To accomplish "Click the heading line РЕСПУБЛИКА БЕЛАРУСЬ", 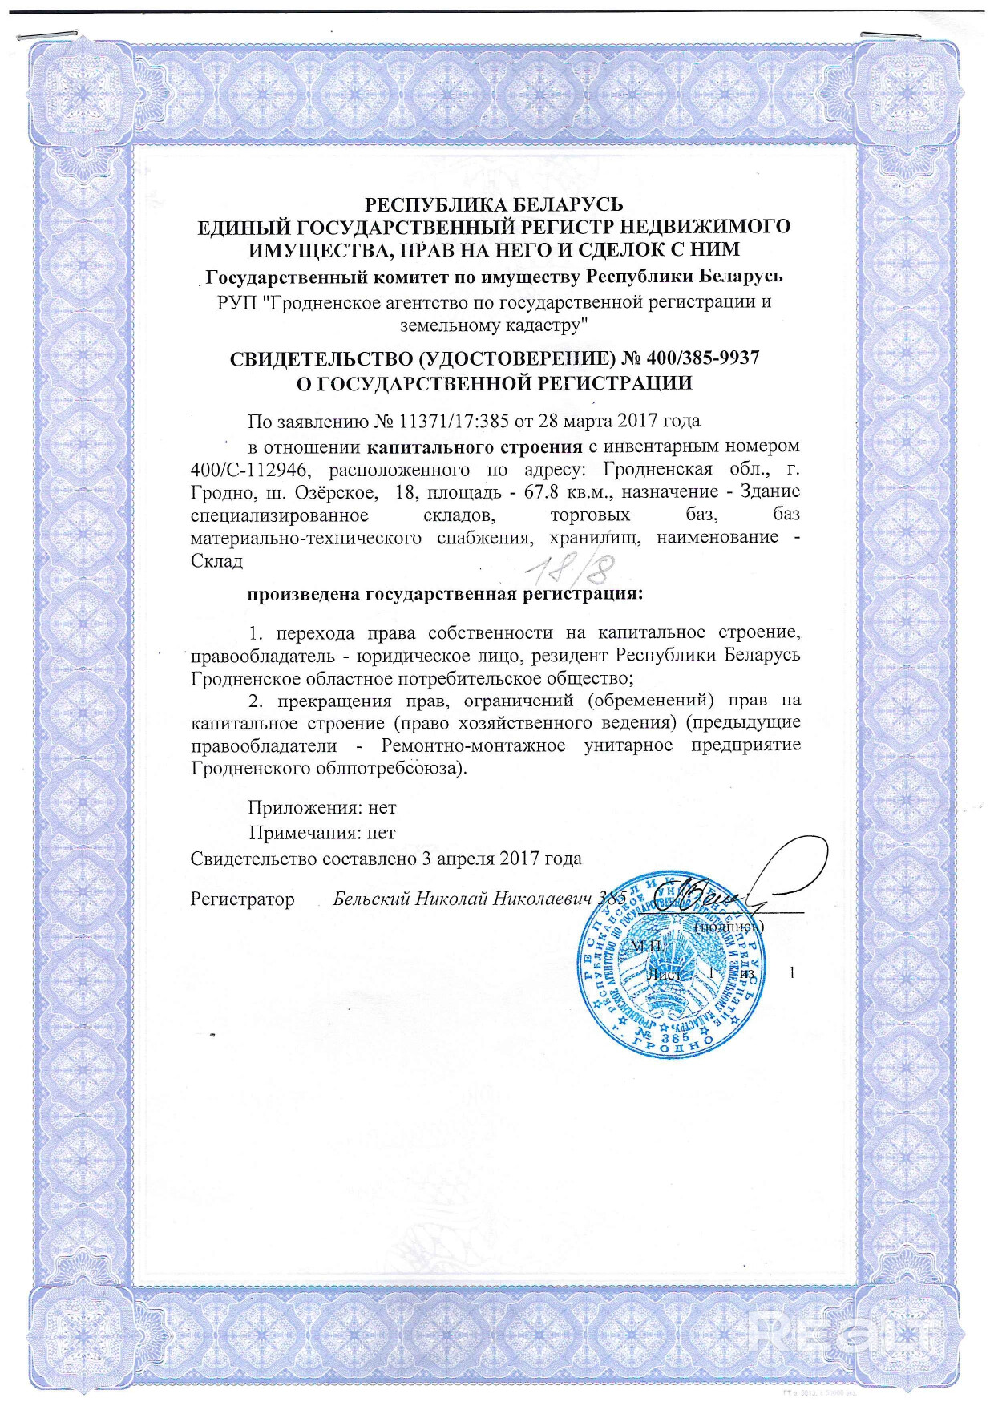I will pyautogui.click(x=494, y=204).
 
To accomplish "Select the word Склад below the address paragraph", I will pyautogui.click(x=216, y=560).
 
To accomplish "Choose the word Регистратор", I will pyautogui.click(x=242, y=899).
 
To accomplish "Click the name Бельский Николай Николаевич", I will pyautogui.click(x=462, y=899).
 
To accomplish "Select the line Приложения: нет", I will pyautogui.click(x=321, y=808).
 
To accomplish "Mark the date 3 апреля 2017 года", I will pyautogui.click(x=501, y=859).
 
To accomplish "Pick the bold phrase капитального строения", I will pyautogui.click(x=476, y=446).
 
